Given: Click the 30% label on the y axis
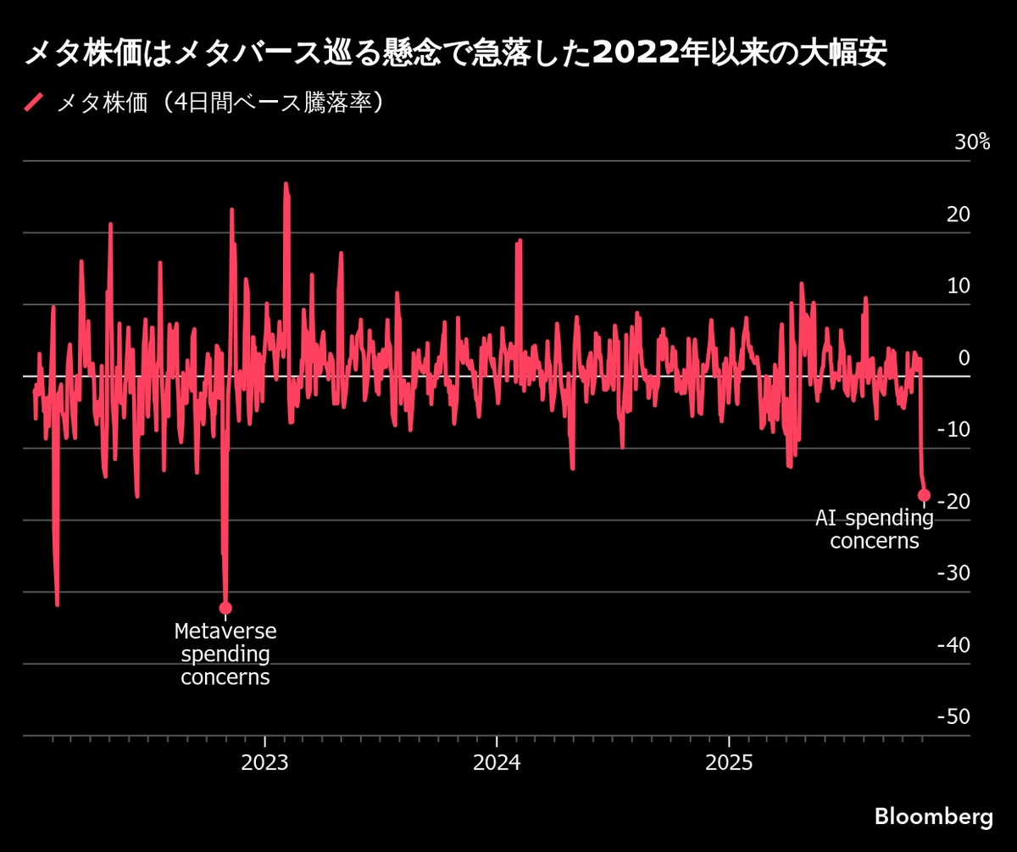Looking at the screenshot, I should tap(972, 142).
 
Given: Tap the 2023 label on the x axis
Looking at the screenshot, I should tap(264, 762).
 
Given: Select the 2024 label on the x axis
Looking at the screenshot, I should tap(497, 762).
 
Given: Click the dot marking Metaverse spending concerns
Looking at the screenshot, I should tap(225, 608).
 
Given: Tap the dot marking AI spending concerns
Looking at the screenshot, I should tap(924, 495).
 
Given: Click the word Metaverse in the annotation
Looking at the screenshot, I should tap(225, 632).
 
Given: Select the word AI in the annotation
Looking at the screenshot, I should tap(828, 517).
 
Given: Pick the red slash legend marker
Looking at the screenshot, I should tap(34, 103).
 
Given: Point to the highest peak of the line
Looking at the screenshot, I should tap(286, 183).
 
